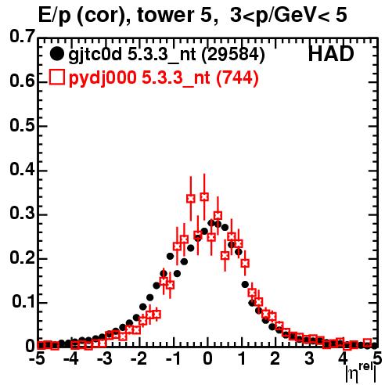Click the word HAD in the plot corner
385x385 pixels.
pyautogui.click(x=331, y=54)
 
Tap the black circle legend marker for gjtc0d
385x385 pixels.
pyautogui.click(x=56, y=54)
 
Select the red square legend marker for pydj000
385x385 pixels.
pyautogui.click(x=56, y=77)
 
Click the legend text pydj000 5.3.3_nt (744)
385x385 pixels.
pyautogui.click(x=164, y=77)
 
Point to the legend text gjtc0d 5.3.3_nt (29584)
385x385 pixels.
pyautogui.click(x=167, y=55)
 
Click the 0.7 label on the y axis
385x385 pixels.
pyautogui.click(x=22, y=36)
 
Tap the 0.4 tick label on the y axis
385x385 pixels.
pyautogui.click(x=22, y=170)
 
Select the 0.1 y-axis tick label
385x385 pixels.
pyautogui.click(x=23, y=302)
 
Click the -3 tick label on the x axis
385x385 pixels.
pyautogui.click(x=105, y=358)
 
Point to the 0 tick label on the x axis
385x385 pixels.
pyautogui.click(x=207, y=358)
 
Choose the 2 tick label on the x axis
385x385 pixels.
pyautogui.click(x=275, y=358)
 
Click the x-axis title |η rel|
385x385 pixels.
pyautogui.click(x=362, y=373)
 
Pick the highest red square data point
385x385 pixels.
pyautogui.click(x=204, y=196)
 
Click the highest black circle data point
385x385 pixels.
pyautogui.click(x=211, y=223)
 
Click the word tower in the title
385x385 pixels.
pyautogui.click(x=164, y=15)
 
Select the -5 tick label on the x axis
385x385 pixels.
pyautogui.click(x=38, y=358)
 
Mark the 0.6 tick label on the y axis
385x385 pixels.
pyautogui.click(x=22, y=81)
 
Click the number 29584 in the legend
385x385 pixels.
pyautogui.click(x=234, y=54)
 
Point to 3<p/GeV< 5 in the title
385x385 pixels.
pyautogui.click(x=289, y=16)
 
